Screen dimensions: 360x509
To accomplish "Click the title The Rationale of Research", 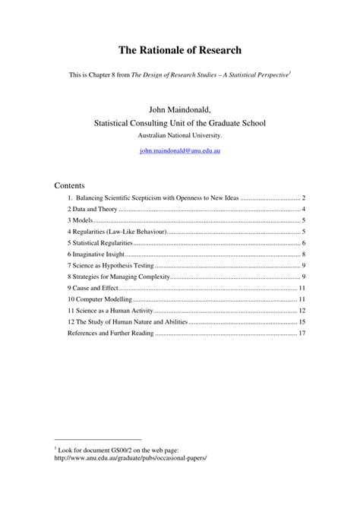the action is (x=179, y=50).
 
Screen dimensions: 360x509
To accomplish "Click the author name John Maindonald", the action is (x=179, y=107).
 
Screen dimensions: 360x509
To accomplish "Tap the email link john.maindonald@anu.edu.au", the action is (x=179, y=150).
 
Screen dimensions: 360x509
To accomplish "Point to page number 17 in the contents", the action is (x=302, y=333).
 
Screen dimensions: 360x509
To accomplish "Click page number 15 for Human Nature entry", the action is (x=302, y=322).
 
